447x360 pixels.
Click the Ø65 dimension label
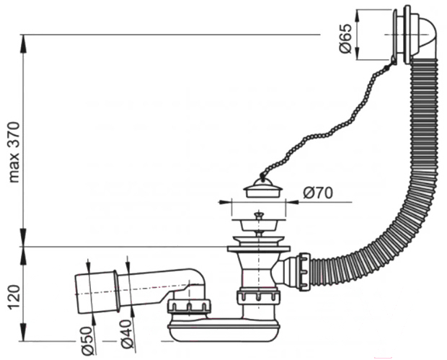coord(345,38)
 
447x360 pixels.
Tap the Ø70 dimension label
coord(318,193)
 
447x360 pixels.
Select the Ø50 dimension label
coord(88,341)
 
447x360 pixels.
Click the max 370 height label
coord(14,152)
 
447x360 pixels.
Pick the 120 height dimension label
coord(14,297)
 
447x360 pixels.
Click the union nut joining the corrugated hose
coord(304,272)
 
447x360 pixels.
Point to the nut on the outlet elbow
coord(189,307)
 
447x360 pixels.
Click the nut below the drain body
coord(258,296)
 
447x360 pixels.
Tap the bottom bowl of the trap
coord(223,330)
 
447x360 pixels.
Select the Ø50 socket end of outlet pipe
coord(97,294)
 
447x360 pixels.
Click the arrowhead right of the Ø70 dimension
coord(292,202)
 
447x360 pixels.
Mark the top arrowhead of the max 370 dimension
coord(23,43)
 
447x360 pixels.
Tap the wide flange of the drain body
coord(258,249)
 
